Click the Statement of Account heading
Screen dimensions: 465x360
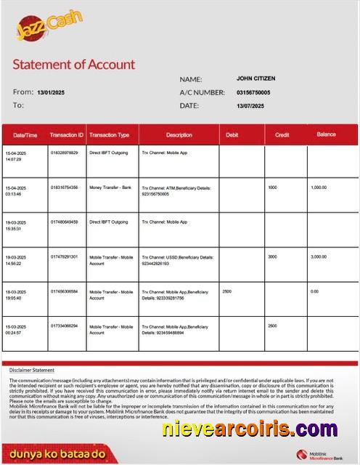point(74,64)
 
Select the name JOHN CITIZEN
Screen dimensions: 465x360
point(255,78)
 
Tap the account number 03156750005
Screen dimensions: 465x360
point(253,92)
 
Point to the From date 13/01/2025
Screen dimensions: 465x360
point(51,92)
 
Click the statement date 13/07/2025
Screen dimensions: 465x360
point(250,106)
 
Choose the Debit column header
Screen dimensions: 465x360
point(232,134)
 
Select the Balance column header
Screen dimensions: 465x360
point(326,134)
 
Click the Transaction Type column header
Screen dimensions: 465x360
point(109,135)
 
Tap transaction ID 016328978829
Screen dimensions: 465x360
point(64,153)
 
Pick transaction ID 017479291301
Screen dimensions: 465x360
point(64,256)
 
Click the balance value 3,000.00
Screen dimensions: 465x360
point(319,256)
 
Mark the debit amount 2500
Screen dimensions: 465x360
point(227,291)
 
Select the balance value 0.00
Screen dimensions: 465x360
point(314,291)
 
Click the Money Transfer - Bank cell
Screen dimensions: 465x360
point(110,187)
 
